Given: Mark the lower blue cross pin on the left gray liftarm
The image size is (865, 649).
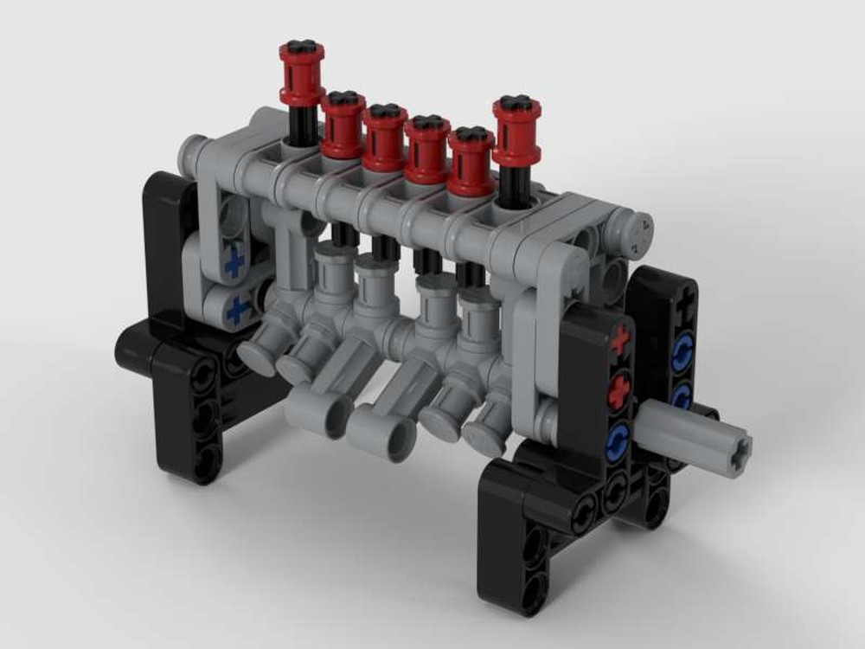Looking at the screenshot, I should [238, 308].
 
